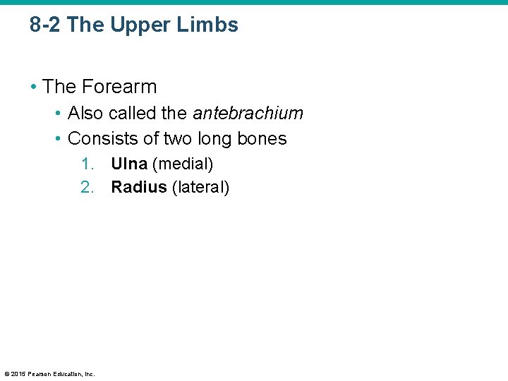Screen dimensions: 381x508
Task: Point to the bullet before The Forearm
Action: (x=33, y=87)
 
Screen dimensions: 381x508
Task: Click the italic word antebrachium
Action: (x=248, y=113)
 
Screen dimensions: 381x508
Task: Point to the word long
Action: (x=216, y=138)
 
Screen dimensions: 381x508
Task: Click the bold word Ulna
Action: (x=129, y=164)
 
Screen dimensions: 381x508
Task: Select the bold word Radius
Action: (x=139, y=187)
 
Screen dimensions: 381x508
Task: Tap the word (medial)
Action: (x=183, y=164)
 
